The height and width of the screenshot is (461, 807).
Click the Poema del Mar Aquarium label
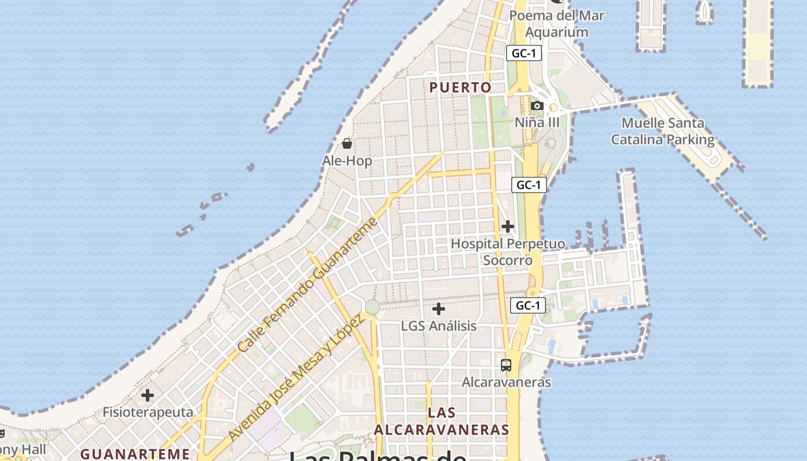click(557, 24)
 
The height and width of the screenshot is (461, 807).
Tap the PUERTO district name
click(461, 88)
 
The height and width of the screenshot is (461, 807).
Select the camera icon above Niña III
click(537, 105)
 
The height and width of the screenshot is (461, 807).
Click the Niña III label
click(537, 122)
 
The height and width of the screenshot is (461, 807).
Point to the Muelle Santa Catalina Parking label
click(663, 131)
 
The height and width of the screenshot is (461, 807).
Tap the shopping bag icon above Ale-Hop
click(347, 143)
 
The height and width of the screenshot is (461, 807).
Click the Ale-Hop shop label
click(347, 161)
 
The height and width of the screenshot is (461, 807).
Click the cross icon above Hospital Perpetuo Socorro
click(508, 226)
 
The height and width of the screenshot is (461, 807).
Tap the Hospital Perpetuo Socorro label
click(508, 252)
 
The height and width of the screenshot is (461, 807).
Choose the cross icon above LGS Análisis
click(439, 309)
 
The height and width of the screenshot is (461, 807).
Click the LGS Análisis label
click(439, 326)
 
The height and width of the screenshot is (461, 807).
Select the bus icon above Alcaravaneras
click(506, 365)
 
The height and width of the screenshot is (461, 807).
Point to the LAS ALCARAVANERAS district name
click(442, 421)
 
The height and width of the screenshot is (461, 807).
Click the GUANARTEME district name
click(135, 454)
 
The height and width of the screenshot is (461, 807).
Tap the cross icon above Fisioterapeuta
click(148, 395)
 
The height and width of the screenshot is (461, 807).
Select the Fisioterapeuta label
click(148, 413)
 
